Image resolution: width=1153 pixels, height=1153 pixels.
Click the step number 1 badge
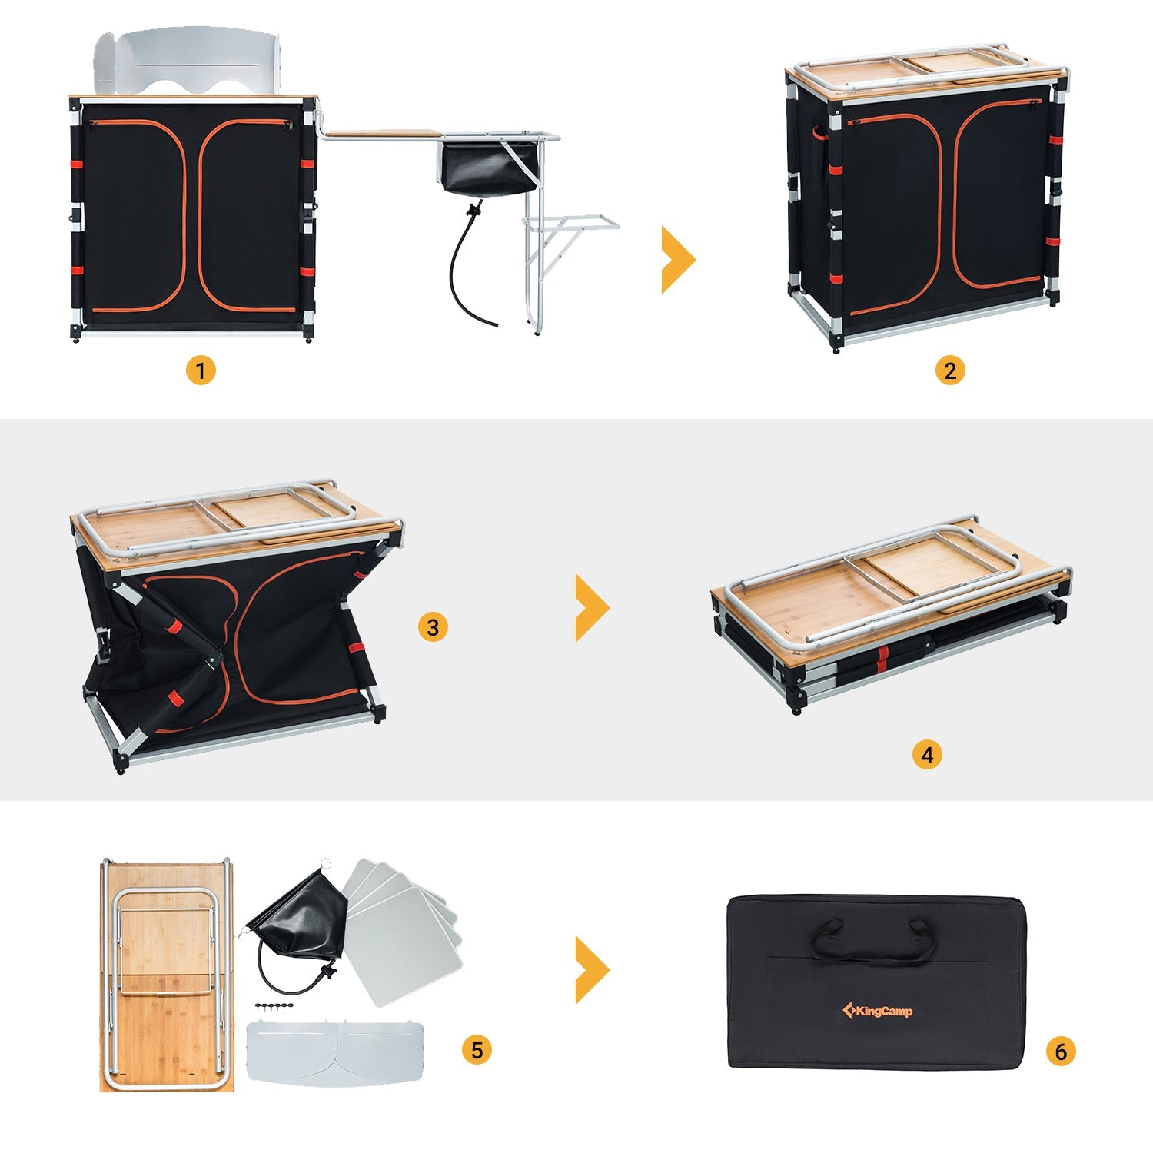(201, 370)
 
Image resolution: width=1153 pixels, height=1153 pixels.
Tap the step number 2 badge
(950, 370)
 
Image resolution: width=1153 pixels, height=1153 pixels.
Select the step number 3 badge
(433, 627)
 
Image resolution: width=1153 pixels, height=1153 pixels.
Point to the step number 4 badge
(927, 754)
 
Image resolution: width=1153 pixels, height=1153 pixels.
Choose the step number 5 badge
(477, 1050)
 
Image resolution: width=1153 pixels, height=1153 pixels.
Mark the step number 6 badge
(1061, 1051)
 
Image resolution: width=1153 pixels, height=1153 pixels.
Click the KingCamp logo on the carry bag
(878, 1011)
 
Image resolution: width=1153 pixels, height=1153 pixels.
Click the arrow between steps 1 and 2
(677, 260)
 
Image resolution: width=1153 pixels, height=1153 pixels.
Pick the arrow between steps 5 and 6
(592, 970)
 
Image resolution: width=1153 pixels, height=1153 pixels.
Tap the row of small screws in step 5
(274, 1006)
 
